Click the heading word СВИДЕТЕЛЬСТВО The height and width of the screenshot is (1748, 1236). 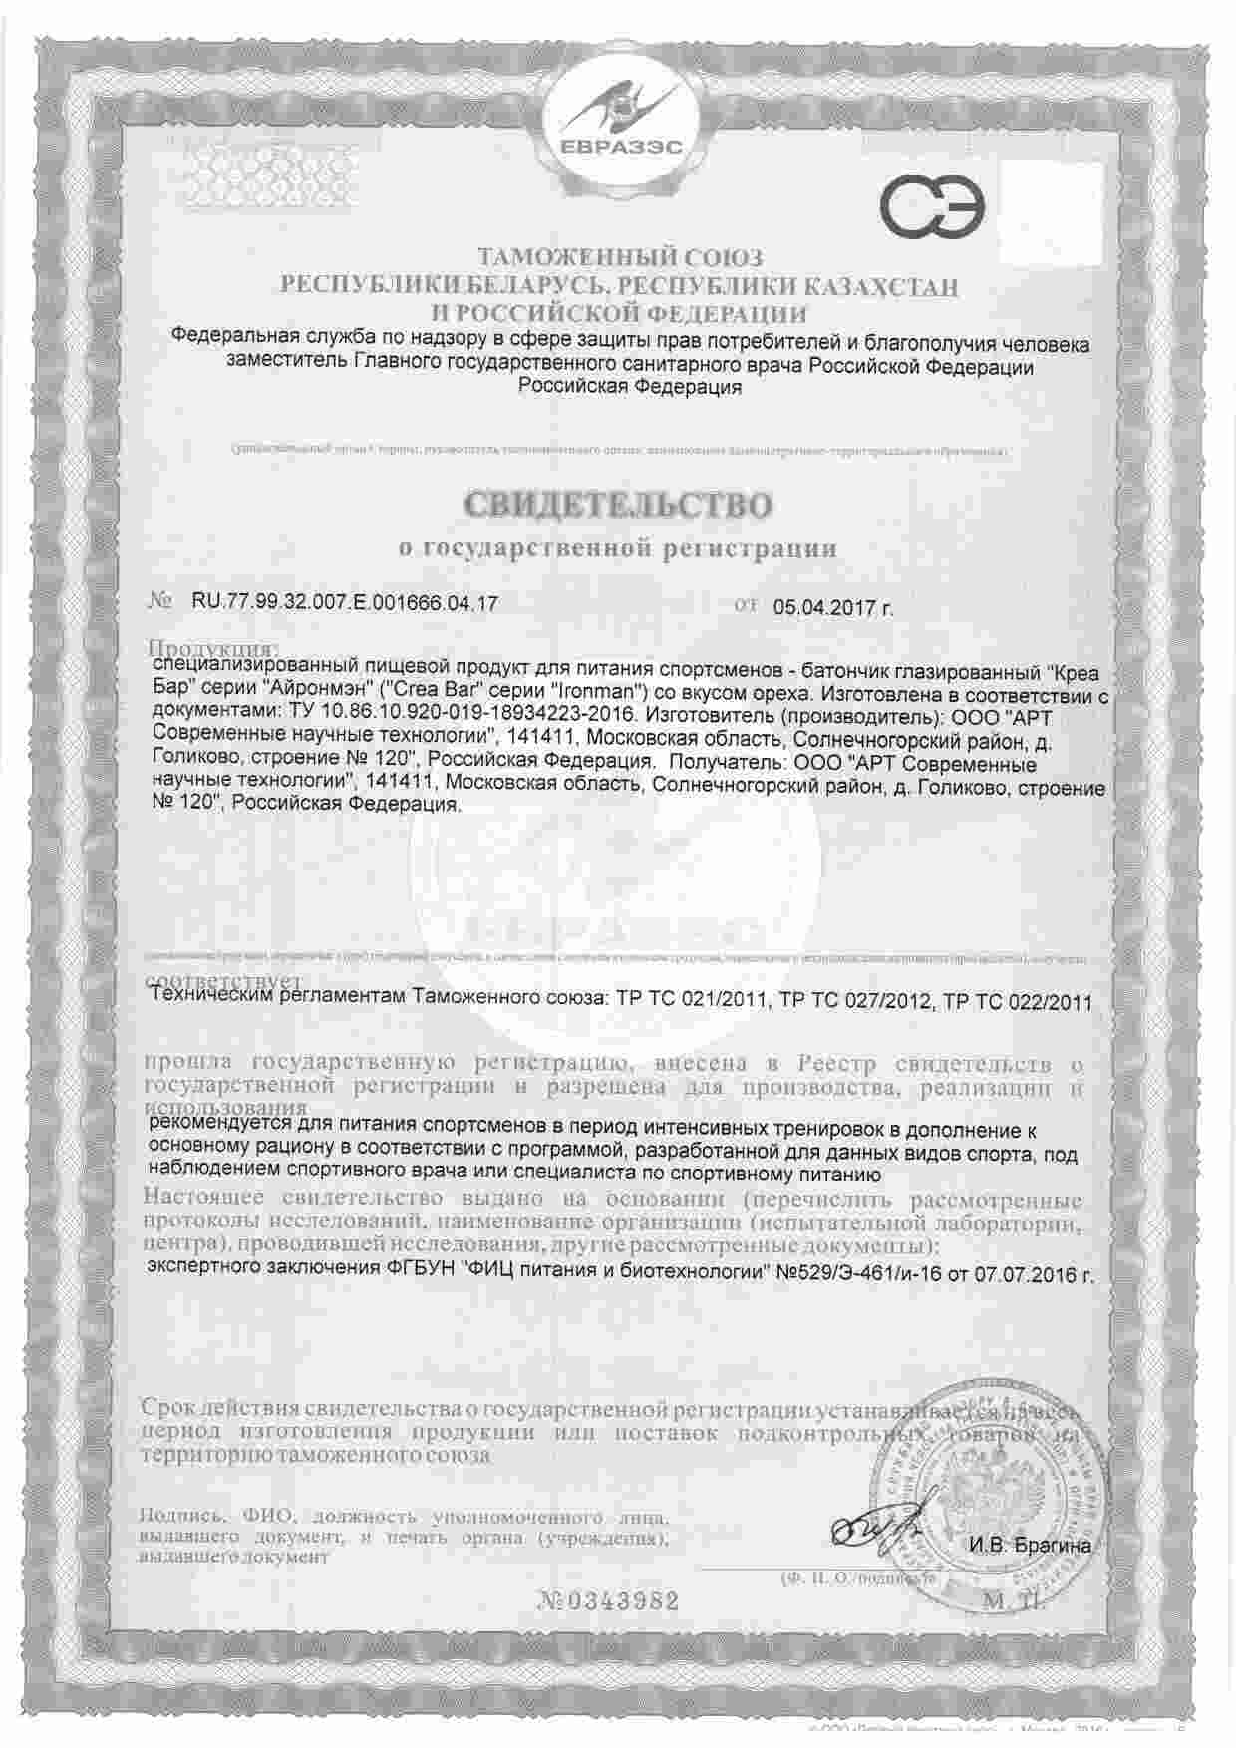[617, 505]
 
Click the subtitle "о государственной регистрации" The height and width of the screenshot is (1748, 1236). [617, 548]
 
